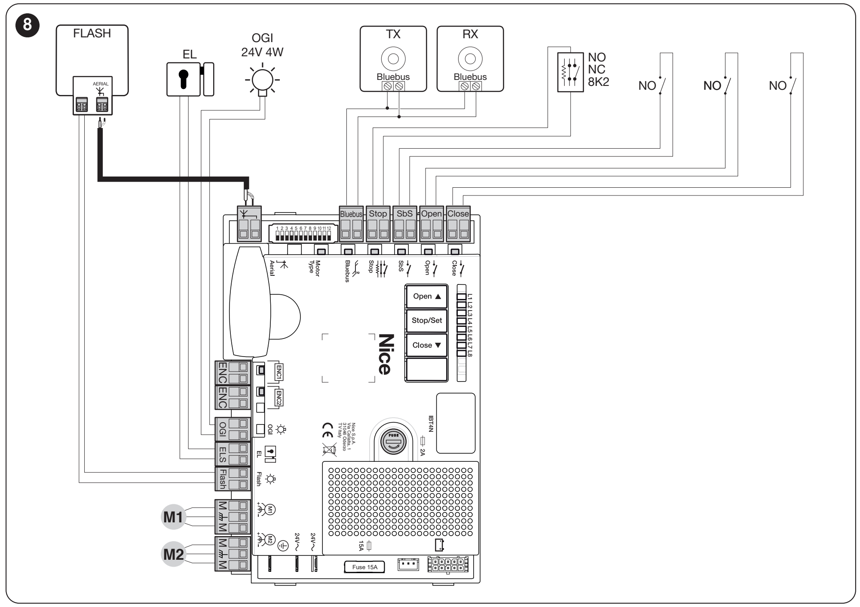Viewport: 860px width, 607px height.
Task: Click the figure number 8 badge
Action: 28,24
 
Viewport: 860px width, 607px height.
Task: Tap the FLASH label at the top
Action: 92,34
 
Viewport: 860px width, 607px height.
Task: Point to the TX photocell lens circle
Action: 393,59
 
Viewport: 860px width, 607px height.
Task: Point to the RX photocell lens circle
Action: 470,59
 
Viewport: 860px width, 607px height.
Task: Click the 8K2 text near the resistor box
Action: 598,82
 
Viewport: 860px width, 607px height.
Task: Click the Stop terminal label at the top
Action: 378,214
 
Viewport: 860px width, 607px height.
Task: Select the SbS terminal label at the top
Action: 404,214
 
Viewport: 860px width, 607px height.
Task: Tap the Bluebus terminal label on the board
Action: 351,214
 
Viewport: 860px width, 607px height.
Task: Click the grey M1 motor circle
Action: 173,517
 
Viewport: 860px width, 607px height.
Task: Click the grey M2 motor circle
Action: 173,554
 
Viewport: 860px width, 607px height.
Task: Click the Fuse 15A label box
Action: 364,567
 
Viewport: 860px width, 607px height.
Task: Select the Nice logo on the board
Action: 384,354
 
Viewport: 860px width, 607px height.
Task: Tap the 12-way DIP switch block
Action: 303,233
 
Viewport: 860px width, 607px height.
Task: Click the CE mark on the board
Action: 327,430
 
